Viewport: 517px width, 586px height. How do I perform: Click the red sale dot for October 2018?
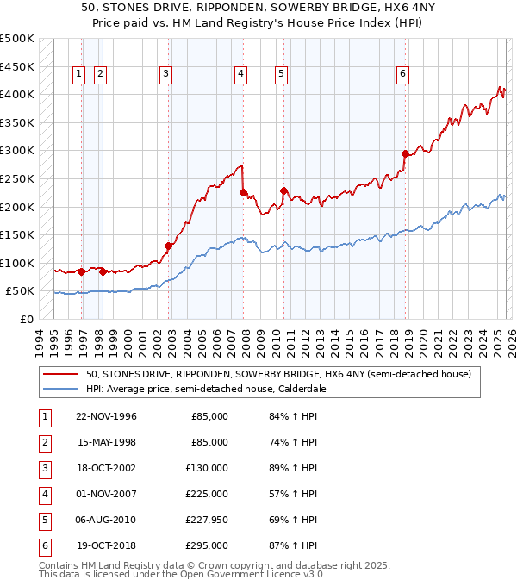(405, 154)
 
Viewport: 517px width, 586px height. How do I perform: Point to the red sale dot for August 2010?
(283, 190)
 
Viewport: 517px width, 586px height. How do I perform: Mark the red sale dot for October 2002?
(169, 246)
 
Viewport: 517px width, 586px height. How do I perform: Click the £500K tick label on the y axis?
(17, 39)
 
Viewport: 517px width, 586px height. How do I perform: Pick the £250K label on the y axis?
(17, 179)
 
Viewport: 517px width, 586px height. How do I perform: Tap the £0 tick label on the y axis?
(26, 319)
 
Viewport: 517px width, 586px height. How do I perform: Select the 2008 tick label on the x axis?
(246, 341)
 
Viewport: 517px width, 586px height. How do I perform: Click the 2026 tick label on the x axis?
(511, 341)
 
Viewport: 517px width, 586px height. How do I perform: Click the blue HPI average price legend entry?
(205, 389)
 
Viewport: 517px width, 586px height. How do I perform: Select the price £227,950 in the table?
(206, 520)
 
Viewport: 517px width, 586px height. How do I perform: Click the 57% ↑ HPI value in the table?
(293, 494)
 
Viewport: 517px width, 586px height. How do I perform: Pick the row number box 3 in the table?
(44, 468)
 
